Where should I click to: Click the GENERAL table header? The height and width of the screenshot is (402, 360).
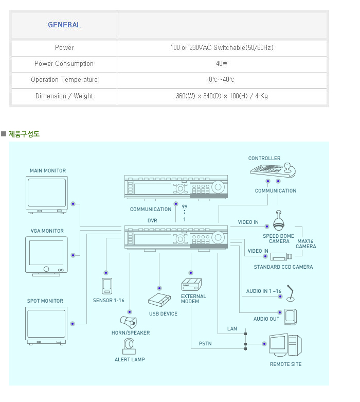64,25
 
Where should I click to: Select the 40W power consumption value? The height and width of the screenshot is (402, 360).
222,64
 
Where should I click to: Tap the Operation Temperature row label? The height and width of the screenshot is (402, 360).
64,80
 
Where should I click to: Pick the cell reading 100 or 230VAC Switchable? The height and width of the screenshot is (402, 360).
222,48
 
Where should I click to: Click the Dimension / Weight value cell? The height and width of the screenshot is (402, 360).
222,96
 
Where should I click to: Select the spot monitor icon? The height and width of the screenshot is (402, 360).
46,325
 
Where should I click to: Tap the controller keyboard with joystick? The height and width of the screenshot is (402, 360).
273,170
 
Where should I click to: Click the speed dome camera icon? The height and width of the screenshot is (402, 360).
279,222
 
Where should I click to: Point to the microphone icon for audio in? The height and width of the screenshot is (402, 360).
291,293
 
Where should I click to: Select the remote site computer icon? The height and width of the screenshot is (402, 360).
286,346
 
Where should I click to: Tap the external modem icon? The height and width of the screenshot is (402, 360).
191,285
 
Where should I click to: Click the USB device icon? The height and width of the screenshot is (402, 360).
159,301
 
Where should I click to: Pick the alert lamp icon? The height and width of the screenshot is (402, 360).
129,346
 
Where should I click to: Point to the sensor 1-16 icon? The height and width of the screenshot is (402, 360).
107,286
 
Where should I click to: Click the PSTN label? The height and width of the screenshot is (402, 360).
205,343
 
